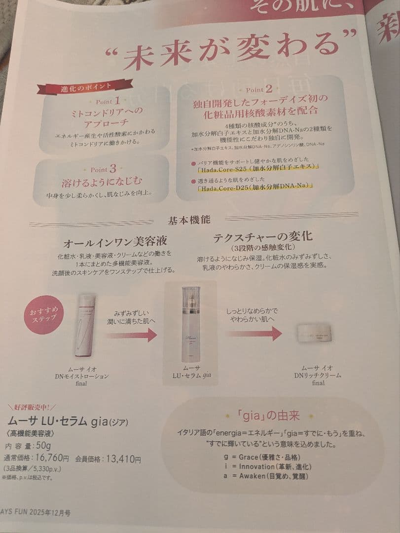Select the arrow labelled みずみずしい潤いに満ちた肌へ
[131, 335]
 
